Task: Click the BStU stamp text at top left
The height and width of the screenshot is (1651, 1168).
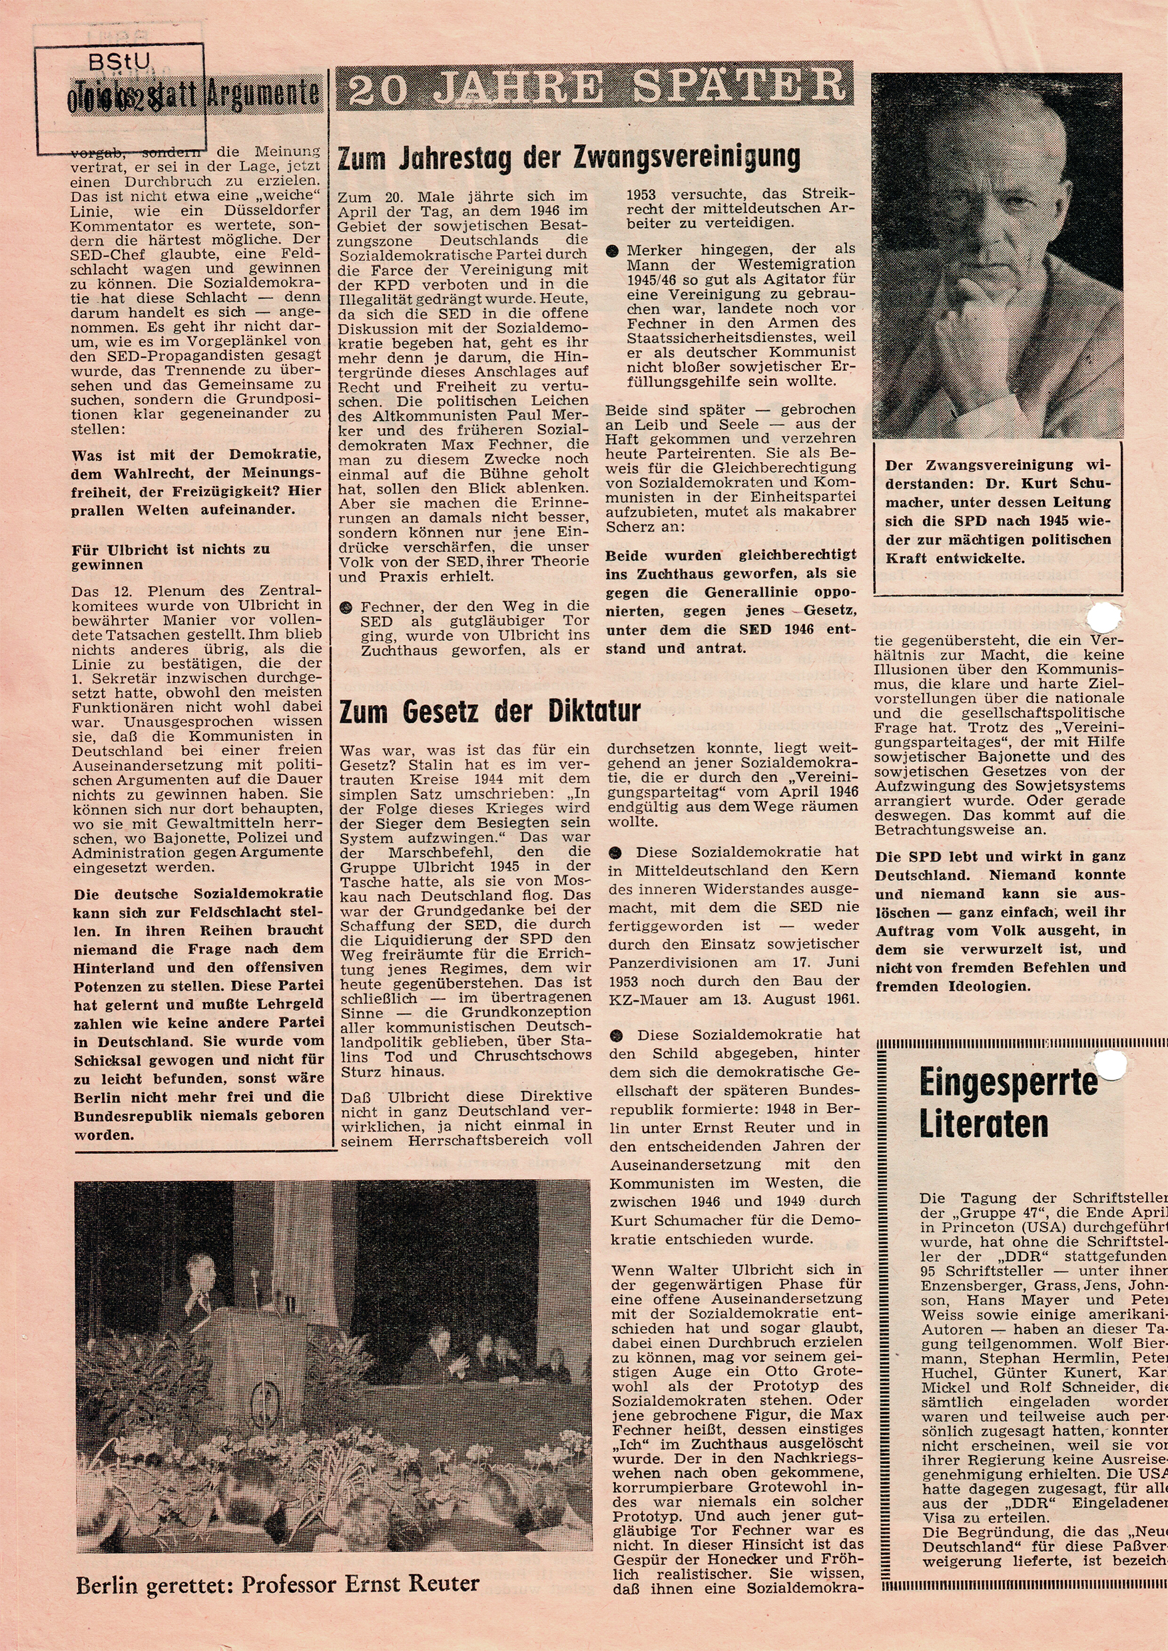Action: [119, 63]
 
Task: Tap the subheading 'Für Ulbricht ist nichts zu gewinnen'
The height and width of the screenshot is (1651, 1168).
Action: [170, 557]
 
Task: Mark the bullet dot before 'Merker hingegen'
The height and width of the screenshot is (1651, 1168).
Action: [613, 251]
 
